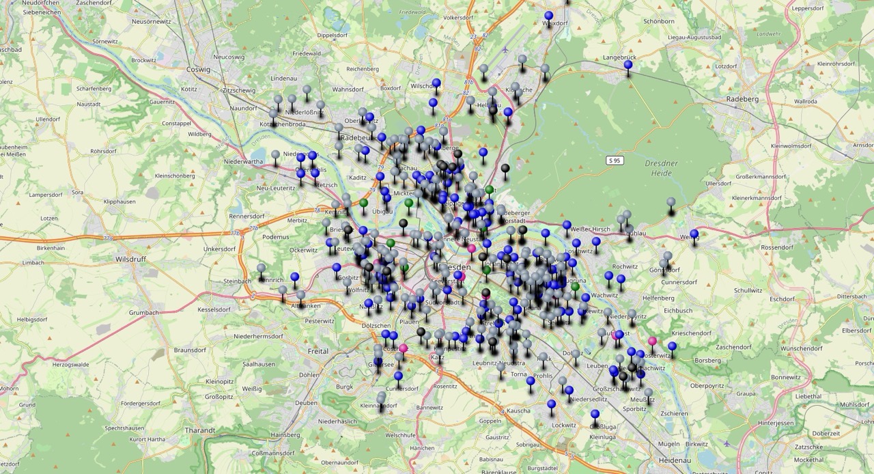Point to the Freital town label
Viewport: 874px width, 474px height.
click(x=318, y=351)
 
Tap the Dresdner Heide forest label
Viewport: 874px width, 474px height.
click(x=661, y=169)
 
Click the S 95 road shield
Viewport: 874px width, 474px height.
click(x=615, y=160)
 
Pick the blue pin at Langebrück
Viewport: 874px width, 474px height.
click(x=628, y=65)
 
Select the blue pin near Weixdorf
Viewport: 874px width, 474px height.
click(x=548, y=16)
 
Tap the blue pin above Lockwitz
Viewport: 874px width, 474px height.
click(x=551, y=404)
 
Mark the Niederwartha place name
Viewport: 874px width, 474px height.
click(x=243, y=162)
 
